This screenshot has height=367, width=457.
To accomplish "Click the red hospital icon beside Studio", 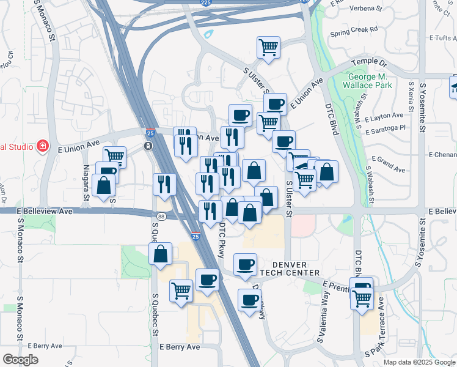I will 42,146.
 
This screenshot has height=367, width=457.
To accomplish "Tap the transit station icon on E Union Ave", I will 147,146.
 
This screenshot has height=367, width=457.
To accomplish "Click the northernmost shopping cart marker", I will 268,48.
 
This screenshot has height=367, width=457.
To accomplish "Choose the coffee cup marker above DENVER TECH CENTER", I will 246,265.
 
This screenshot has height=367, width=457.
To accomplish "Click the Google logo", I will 21,360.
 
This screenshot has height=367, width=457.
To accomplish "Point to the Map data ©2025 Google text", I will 419,362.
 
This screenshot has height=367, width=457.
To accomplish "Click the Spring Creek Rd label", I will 354,29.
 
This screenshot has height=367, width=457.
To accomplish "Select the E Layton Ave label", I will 384,116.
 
